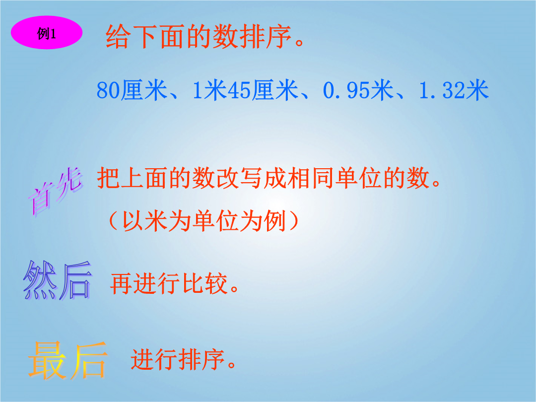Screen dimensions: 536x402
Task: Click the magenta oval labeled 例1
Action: (47, 33)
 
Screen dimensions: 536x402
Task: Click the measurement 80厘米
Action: (132, 90)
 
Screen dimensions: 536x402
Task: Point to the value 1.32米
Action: (454, 90)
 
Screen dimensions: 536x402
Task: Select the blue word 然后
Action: (58, 280)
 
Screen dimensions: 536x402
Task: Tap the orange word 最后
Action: (67, 360)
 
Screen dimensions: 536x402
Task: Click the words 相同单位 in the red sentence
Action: (335, 178)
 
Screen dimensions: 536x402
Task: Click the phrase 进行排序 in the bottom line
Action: (178, 359)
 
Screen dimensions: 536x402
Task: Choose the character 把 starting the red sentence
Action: (108, 178)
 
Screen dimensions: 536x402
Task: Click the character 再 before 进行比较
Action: (122, 283)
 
